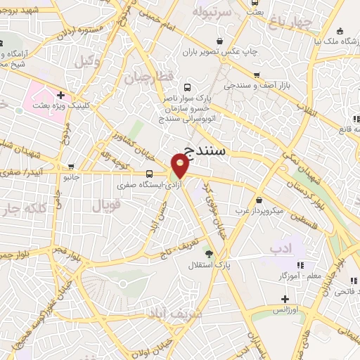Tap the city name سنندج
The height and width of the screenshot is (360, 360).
(x=211, y=149)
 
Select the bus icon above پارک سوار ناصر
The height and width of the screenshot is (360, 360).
(x=186, y=89)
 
